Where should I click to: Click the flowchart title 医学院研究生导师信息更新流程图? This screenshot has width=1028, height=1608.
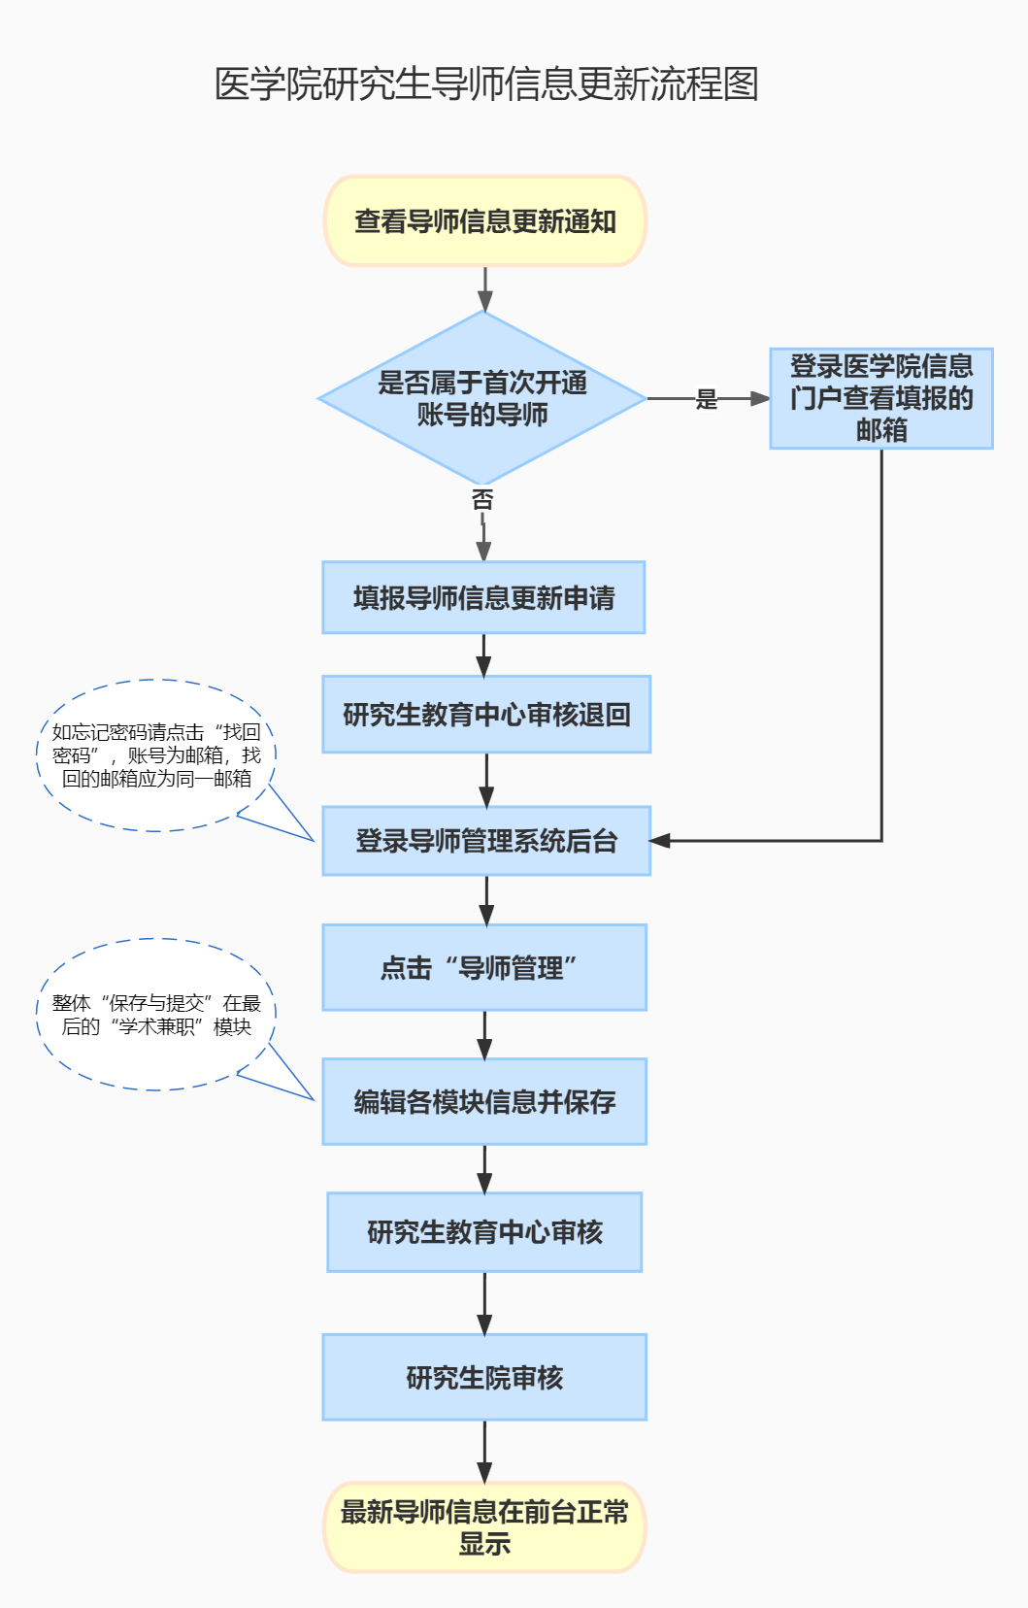485,84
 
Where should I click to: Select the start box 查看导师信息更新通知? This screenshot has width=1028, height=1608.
484,221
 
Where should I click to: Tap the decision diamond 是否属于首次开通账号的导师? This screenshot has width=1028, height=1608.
482,398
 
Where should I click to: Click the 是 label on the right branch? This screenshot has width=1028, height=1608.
707,399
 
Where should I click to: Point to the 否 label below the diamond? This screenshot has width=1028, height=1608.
482,500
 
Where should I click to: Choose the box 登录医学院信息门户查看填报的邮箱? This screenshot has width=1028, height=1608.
881,398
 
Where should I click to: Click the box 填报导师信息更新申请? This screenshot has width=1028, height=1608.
483,598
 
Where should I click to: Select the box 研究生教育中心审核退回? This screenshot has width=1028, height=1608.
486,715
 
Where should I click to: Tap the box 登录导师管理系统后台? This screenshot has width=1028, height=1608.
486,841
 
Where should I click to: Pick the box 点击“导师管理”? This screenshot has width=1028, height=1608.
484,968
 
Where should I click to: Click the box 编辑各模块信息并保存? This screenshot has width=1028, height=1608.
484,1102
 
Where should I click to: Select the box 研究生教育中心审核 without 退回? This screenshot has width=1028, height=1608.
484,1232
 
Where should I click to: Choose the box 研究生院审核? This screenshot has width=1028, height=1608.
484,1378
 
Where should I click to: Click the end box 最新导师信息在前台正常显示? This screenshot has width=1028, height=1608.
484,1527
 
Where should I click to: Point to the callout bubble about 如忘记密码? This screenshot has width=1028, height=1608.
156,755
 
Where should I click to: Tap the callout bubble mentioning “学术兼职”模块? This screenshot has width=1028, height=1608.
156,1015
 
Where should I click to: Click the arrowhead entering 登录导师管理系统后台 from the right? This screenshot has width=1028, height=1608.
660,841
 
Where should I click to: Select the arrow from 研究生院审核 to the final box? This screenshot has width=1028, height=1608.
484,1452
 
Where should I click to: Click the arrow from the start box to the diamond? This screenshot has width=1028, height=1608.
484,288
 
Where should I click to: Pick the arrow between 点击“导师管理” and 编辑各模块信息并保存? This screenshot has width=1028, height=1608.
484,1035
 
